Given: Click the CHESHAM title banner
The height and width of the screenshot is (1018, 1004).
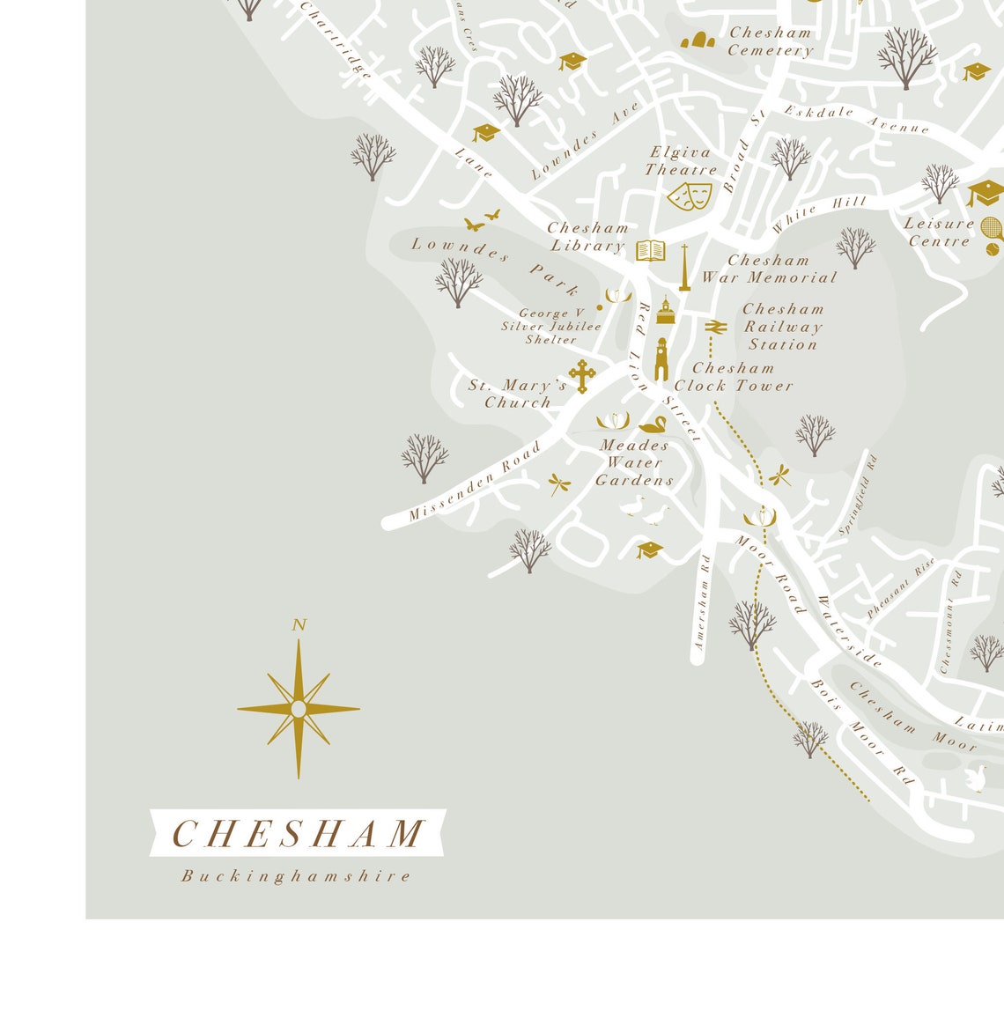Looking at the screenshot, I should point(298,833).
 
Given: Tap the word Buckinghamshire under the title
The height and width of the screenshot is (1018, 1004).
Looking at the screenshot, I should point(297,876).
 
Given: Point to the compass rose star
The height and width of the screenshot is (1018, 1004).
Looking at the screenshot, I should point(299,709).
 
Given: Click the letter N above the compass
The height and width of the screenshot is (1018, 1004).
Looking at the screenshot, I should point(299,625).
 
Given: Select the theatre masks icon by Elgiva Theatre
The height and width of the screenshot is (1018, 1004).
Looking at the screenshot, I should point(689,195).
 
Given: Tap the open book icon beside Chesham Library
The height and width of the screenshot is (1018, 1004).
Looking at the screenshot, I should point(650,251).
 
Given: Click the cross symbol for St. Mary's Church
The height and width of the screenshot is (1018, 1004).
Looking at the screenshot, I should point(581,376).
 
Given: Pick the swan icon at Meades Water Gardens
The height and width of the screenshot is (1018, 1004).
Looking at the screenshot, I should point(653,425).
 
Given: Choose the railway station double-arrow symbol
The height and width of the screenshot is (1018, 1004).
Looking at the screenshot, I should point(715,327).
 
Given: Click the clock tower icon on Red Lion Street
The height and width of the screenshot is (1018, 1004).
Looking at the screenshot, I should point(661,359).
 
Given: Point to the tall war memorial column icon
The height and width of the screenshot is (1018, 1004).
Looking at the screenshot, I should point(684,268).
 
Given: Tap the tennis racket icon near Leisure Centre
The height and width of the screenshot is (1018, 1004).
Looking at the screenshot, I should point(992,231).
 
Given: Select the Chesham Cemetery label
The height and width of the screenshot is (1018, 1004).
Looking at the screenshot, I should point(770,41).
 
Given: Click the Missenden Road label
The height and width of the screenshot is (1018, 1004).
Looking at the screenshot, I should point(474,482).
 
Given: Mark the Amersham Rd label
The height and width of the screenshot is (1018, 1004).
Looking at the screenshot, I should point(702,602).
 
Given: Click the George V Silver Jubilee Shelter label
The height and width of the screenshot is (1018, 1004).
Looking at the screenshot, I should point(551,326).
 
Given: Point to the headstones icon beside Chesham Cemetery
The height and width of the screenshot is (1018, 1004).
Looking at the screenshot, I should point(698,40).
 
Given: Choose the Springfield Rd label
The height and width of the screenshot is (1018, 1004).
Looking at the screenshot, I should point(858,495).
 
